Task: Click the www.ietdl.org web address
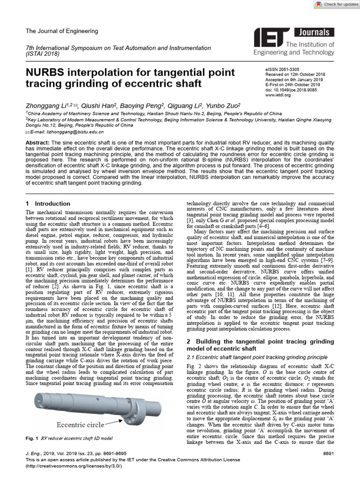(278, 95)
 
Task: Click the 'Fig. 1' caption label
(33, 438)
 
